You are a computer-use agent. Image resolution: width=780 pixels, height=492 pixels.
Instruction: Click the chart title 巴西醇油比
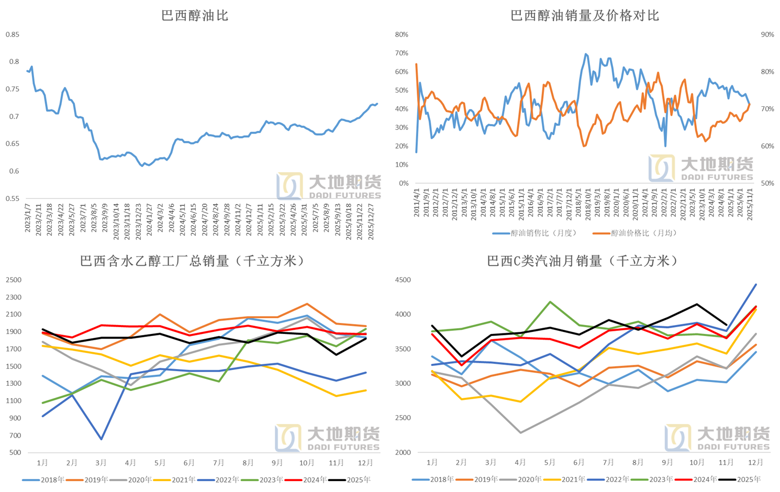195,16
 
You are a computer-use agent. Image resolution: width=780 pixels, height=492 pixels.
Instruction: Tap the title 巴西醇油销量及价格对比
584,16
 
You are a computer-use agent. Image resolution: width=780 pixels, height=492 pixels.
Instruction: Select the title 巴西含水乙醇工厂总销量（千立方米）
193,261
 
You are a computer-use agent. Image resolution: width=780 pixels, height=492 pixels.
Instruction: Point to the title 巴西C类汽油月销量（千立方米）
583,261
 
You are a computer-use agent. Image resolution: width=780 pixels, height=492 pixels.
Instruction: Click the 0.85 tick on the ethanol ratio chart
13,35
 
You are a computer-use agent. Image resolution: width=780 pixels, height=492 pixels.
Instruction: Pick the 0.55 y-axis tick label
13,198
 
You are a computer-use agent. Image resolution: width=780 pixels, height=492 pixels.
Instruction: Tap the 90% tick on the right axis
767,35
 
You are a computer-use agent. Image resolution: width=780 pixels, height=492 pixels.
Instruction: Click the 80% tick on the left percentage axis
402,35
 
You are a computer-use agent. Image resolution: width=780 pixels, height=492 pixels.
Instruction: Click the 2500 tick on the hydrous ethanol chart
14,280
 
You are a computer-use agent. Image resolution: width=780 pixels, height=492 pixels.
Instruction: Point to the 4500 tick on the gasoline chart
403,280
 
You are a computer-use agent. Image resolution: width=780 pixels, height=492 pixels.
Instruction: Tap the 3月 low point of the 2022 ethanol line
101,439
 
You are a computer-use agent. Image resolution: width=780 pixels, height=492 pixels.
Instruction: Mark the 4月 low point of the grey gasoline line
520,433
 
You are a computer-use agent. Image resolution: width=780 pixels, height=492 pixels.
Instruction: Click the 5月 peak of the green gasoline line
550,302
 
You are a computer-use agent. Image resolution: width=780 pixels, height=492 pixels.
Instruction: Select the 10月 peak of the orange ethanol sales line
307,304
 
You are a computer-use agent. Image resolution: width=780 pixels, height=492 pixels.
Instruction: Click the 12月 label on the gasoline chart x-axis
755,463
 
